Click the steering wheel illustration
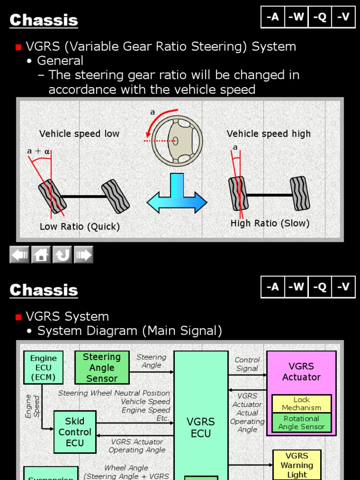coord(177,140)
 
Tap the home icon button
coord(41,255)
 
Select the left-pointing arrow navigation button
coord(20,255)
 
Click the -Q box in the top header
coord(320,17)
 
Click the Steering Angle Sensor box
coord(102,367)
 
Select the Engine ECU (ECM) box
coord(43,367)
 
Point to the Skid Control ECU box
coord(75,432)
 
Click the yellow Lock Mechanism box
coord(301,404)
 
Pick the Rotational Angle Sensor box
coord(301,422)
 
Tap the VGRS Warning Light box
coord(297,465)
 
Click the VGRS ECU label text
coord(201,427)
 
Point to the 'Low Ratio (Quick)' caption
coord(80,227)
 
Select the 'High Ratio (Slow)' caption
coord(270,224)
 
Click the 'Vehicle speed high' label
coord(269,134)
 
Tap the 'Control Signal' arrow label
coord(247,364)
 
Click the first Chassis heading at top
coord(44,20)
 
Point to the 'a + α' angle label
coord(38,151)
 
